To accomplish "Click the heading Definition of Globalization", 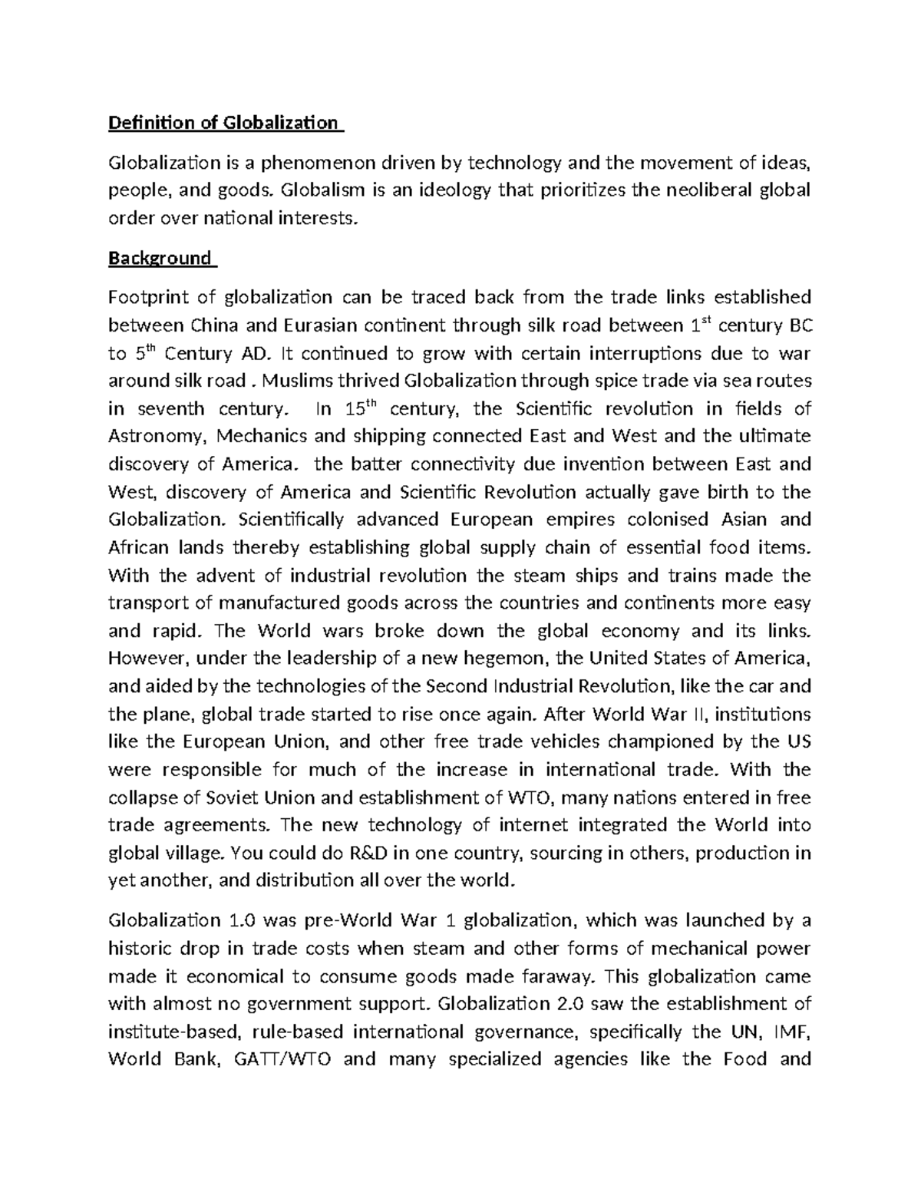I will pyautogui.click(x=223, y=123).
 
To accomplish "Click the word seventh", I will pyautogui.click(x=167, y=408).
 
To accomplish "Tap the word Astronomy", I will pyautogui.click(x=158, y=436).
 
